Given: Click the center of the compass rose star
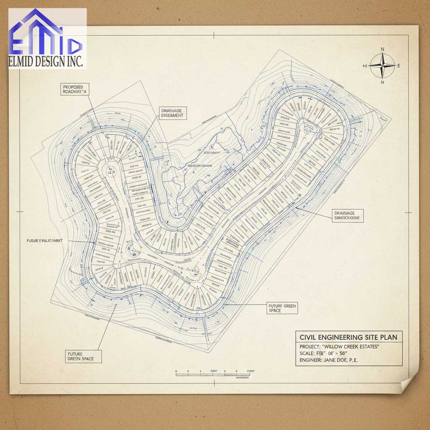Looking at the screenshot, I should [383, 66].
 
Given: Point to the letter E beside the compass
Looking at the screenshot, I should [399, 66].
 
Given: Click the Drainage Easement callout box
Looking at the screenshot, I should [172, 113].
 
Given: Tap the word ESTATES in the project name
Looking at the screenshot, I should [368, 346].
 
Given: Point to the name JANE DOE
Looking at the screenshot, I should [338, 360].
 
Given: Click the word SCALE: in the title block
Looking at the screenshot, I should [309, 354].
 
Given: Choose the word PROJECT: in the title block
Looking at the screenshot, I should [310, 347].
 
